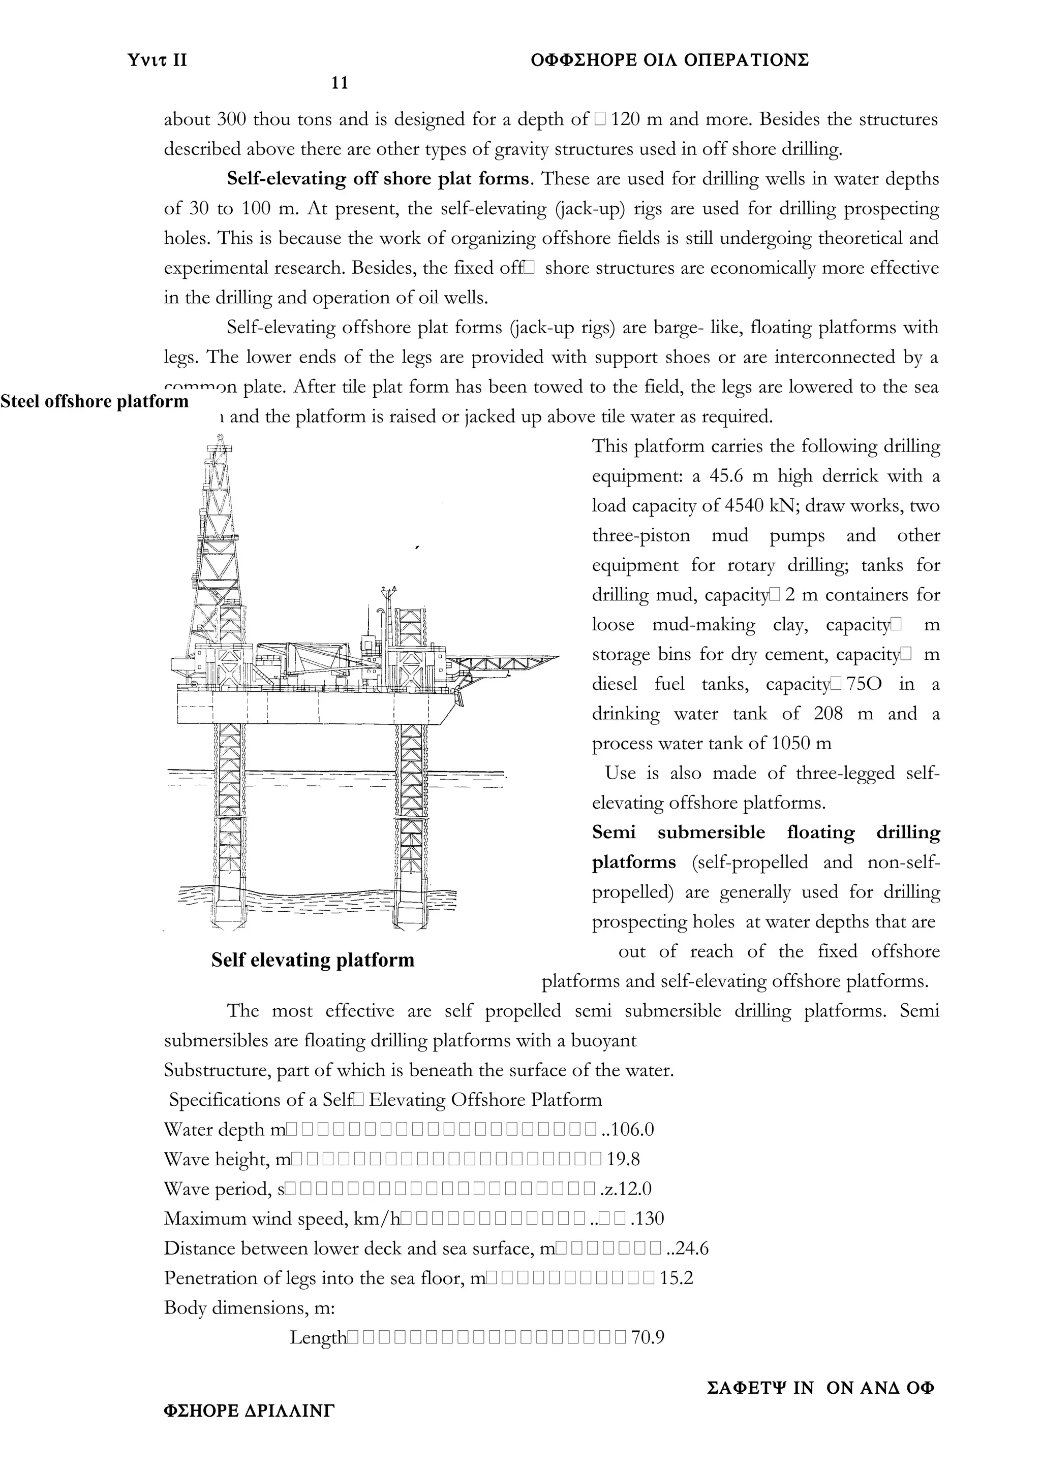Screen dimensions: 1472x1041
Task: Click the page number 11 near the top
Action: [x=340, y=83]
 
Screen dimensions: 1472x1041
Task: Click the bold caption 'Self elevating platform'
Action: [x=313, y=960]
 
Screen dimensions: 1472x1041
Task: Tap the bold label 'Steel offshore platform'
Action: [x=94, y=401]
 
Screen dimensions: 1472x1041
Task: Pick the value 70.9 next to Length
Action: [x=648, y=1337]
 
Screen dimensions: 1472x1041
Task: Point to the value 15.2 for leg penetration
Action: [x=677, y=1278]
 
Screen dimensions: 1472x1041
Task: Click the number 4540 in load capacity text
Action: [x=745, y=506]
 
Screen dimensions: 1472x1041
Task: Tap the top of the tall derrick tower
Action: [x=220, y=441]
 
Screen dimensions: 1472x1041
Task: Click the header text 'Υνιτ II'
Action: [x=158, y=60]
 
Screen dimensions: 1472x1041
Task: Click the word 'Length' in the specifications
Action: [x=318, y=1338]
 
